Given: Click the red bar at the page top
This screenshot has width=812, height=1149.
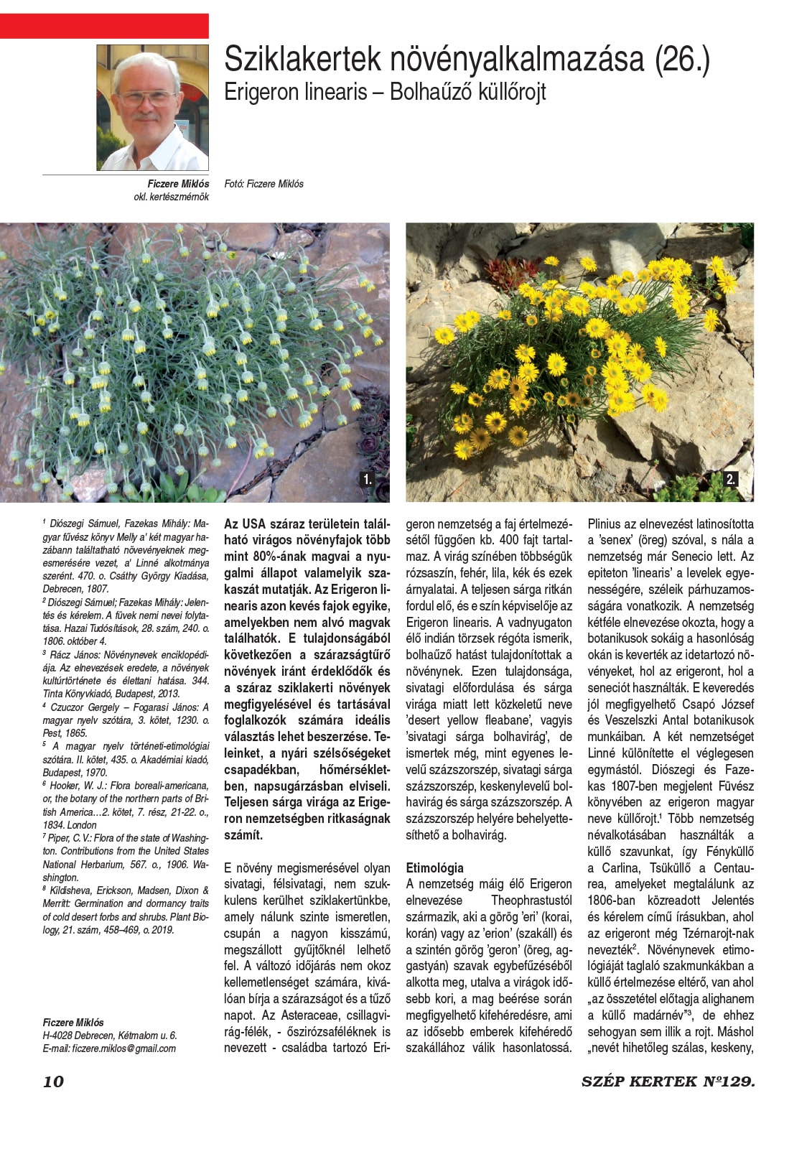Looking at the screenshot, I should [104, 25].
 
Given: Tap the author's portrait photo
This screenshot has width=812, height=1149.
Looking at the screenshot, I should [152, 108].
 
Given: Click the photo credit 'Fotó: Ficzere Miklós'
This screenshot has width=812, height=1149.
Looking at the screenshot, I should [263, 184].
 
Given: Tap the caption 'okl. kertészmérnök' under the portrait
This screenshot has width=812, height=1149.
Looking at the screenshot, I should [171, 197].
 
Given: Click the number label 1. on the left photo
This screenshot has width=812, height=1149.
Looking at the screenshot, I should [368, 479].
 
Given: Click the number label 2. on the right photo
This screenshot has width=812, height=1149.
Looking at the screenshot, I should [731, 479].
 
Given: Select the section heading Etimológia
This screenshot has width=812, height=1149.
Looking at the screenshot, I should [435, 867].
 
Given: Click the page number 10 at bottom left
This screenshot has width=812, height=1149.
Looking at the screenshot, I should [53, 1081].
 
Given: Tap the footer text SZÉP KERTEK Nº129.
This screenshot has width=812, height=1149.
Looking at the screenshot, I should [668, 1081].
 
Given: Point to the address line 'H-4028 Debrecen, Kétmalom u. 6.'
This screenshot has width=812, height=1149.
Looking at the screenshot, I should [109, 1036].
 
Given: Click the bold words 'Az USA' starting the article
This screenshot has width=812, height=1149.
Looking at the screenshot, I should [248, 524].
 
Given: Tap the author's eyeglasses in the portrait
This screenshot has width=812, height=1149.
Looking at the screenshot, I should [146, 97].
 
